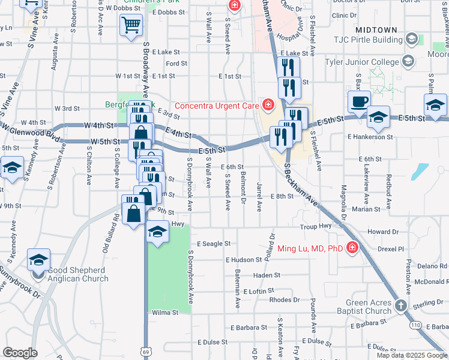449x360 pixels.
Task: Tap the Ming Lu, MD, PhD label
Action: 310,248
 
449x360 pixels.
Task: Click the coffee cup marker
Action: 360,101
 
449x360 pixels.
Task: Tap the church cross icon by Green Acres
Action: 402,307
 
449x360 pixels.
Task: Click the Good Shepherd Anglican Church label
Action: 78,274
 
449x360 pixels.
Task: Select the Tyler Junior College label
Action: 361,62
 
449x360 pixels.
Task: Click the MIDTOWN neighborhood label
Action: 376,29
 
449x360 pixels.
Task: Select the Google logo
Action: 20,352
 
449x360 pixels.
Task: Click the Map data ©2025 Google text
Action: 411,355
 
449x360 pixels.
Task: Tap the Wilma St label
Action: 166,313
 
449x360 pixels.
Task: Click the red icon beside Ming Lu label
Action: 352,247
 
